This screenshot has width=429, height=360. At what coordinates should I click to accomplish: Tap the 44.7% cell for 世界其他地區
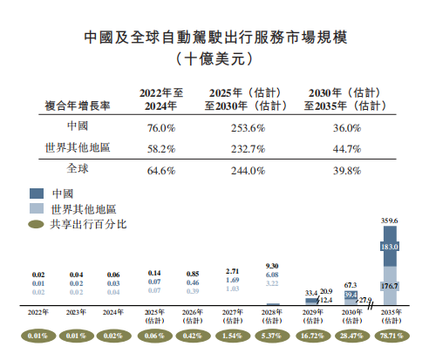pos(348,148)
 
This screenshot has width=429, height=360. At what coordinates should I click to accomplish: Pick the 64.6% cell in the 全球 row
pos(158,171)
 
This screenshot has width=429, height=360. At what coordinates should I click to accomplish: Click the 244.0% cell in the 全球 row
pos(249,171)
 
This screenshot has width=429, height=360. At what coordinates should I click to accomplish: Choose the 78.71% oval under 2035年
pos(390,336)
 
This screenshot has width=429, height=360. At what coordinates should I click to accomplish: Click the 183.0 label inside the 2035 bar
pos(390,248)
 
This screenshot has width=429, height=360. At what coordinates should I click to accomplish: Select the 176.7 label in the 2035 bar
pos(390,284)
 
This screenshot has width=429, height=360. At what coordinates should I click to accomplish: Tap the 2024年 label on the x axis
pos(112,311)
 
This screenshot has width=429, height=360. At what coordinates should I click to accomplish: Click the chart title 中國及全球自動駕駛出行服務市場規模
pos(214,39)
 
